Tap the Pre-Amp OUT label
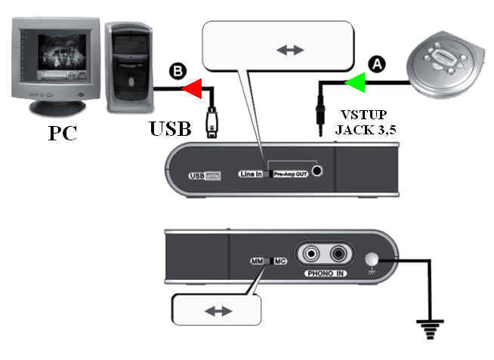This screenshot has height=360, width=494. coord(291,173)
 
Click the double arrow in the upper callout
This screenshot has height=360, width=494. coord(289,50)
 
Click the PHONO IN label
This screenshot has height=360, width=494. coord(326,275)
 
